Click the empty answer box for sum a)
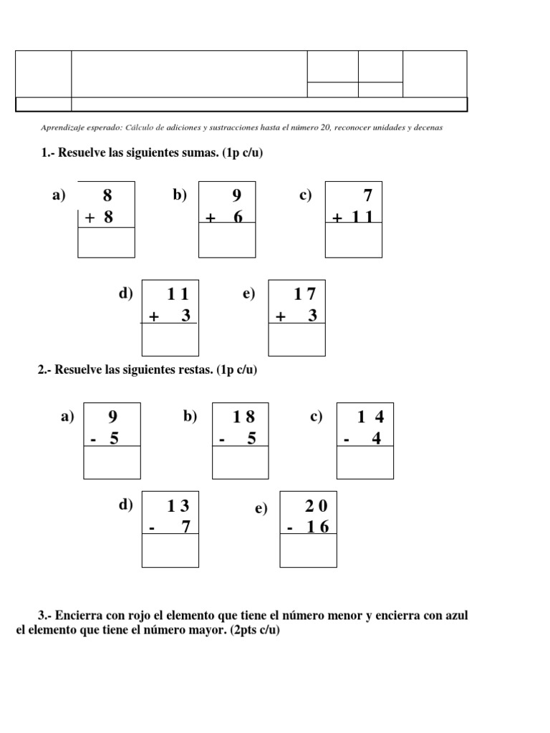click(x=106, y=242)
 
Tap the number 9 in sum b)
click(x=237, y=195)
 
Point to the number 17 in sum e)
click(x=305, y=293)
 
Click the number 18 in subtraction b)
click(x=244, y=417)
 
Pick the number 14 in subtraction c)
click(x=371, y=417)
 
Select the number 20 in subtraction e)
click(x=316, y=506)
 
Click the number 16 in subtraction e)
click(x=316, y=528)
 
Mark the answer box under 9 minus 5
click(x=112, y=462)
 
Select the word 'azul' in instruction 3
click(x=454, y=616)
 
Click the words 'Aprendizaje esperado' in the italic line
click(x=82, y=127)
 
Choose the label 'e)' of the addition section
click(x=249, y=294)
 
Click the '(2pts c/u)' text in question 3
click(x=255, y=631)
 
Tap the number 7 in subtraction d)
click(x=185, y=528)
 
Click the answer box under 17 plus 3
click(x=296, y=340)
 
